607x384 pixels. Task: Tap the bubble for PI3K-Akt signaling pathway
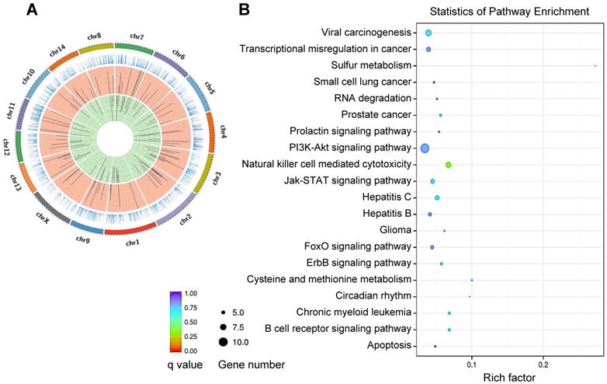(424, 148)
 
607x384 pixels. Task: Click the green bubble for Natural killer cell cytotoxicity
(448, 165)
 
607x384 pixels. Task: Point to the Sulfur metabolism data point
(595, 65)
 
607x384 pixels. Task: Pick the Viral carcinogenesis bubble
(428, 33)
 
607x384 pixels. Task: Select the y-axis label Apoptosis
(384, 345)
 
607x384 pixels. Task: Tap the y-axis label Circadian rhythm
(373, 296)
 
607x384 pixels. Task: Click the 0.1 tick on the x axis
(471, 364)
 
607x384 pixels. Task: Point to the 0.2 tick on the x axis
(543, 364)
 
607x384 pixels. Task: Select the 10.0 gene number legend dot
(224, 341)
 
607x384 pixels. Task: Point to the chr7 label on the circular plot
(137, 37)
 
